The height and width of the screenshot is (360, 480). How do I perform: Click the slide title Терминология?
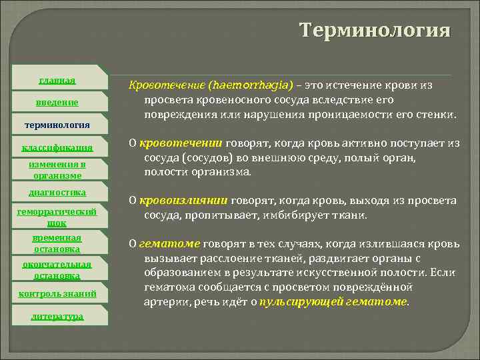375,31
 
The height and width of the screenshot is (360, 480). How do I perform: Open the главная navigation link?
57,81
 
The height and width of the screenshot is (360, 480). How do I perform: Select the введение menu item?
57,102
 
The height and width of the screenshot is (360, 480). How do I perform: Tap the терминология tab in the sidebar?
57,124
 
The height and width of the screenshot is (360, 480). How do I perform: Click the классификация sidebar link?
57,147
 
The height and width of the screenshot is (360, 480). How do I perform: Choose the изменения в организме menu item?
57,169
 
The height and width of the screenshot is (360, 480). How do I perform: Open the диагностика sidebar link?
57,192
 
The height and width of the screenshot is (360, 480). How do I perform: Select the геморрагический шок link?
57,217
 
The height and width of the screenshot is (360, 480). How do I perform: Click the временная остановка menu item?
57,243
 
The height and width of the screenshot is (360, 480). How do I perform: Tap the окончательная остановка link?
57,269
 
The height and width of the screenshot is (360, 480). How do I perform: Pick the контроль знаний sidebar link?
57,293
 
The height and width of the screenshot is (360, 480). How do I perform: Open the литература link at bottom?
57,316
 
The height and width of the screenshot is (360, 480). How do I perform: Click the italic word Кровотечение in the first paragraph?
166,85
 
